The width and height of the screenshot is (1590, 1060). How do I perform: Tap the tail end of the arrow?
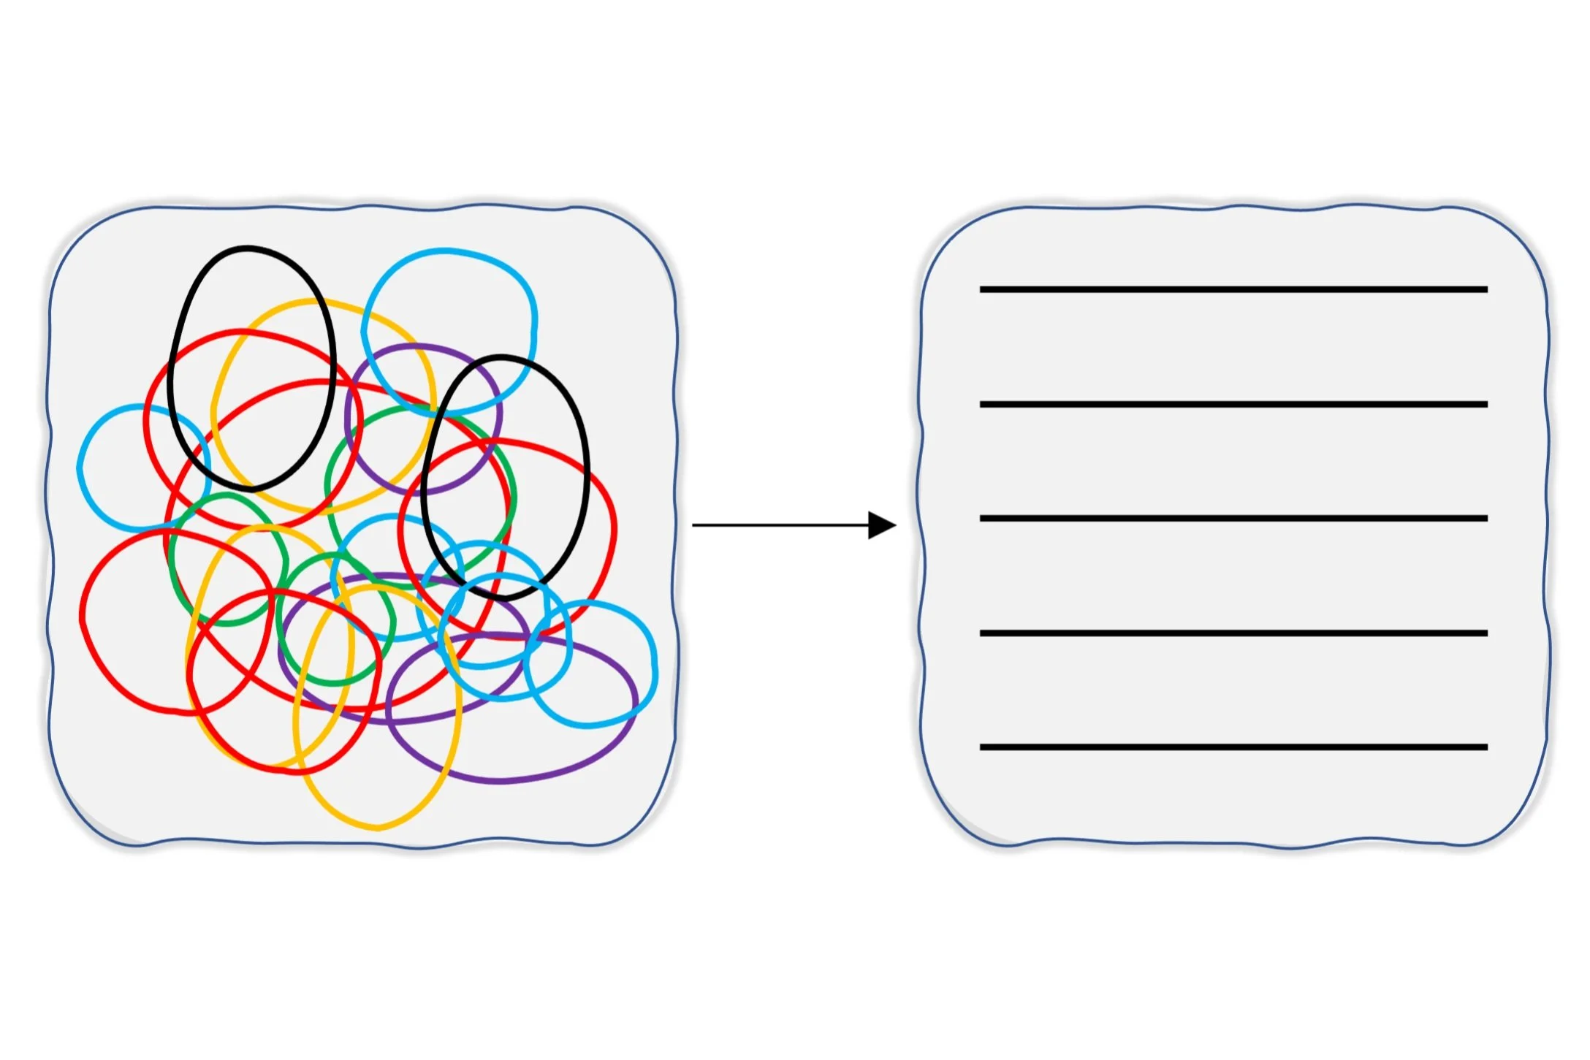tap(694, 525)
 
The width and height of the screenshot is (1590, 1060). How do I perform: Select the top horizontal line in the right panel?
tap(1233, 290)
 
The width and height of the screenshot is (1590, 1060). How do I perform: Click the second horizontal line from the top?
tap(1233, 404)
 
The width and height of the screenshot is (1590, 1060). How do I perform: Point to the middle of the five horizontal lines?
tap(1233, 519)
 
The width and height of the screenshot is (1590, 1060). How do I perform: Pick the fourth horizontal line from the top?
tap(1233, 633)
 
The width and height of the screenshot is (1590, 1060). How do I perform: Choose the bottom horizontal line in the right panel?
tap(1233, 747)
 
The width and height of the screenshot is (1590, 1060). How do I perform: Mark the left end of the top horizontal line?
tap(982, 290)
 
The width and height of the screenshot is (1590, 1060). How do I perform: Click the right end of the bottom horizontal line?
tap(1486, 747)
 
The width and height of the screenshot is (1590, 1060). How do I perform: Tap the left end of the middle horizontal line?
tap(982, 519)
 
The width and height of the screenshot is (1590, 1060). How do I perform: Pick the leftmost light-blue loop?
tap(80, 468)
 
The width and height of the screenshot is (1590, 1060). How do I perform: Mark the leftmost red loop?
tap(83, 621)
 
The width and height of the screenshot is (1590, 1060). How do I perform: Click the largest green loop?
tap(514, 497)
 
